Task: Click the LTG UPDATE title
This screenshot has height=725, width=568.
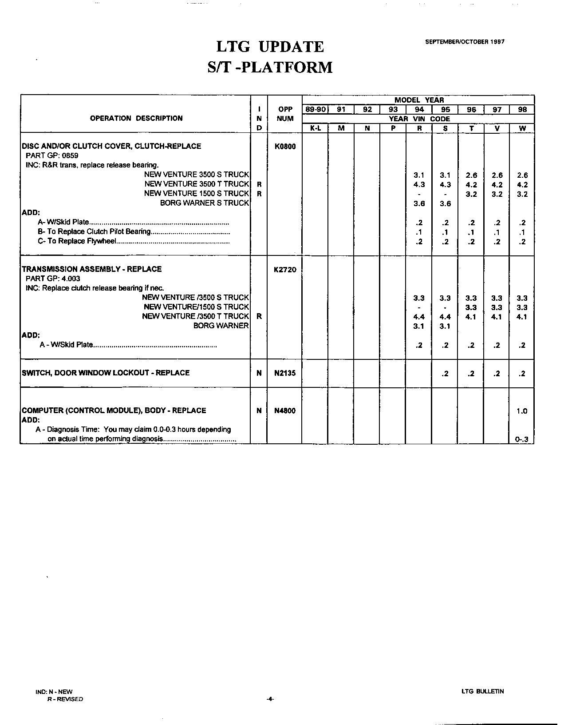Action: click(x=270, y=47)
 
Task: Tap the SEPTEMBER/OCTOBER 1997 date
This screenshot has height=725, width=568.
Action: click(x=465, y=42)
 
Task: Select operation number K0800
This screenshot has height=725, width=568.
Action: click(x=285, y=147)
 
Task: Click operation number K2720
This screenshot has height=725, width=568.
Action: click(x=285, y=270)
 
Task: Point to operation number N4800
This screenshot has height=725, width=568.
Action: click(x=285, y=411)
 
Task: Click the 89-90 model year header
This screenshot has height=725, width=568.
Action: click(x=315, y=109)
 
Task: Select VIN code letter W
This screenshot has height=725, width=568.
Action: click(x=522, y=128)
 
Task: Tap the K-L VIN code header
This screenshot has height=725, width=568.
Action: click(x=315, y=128)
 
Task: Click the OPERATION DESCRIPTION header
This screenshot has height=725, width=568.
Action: click(x=136, y=118)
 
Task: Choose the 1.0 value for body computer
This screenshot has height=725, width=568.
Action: click(x=522, y=411)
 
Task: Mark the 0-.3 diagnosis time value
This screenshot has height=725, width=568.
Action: click(x=522, y=440)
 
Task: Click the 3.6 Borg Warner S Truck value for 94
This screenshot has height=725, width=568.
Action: click(x=419, y=203)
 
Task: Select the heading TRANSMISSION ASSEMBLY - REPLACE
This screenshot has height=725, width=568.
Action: click(x=92, y=269)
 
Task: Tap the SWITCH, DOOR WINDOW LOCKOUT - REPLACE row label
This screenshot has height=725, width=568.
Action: click(x=106, y=373)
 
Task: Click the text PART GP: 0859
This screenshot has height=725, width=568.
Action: click(x=52, y=156)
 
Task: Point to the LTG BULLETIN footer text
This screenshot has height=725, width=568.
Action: click(x=482, y=691)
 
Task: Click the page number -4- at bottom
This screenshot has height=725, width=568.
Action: click(x=270, y=699)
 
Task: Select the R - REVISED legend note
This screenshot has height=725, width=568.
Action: click(x=65, y=699)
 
